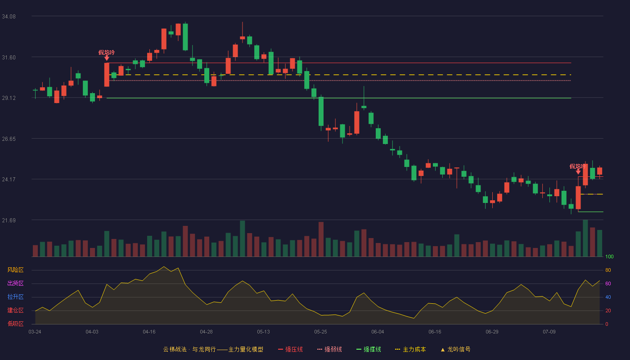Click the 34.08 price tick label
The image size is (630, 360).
[9, 17]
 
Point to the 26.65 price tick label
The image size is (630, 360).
[9, 139]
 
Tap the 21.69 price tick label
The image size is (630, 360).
[9, 220]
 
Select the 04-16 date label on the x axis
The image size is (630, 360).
[149, 332]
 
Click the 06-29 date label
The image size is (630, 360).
[492, 332]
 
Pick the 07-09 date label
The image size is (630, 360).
[549, 332]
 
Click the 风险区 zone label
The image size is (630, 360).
[15, 270]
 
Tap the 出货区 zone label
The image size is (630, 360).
[15, 283]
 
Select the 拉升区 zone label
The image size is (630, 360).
[15, 297]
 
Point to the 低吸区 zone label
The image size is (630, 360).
[15, 324]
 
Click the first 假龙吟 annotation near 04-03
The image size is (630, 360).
[107, 53]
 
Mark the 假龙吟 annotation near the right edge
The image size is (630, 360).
[577, 166]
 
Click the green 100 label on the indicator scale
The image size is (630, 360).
[609, 256]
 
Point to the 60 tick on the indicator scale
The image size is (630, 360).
[608, 283]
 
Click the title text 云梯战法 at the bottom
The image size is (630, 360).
[175, 349]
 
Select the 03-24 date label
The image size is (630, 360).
[35, 332]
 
